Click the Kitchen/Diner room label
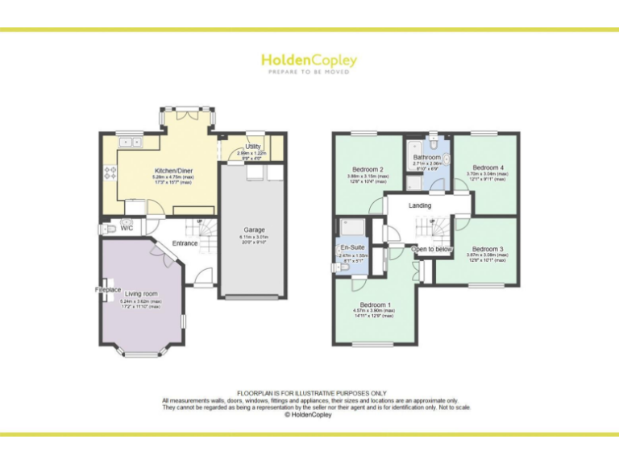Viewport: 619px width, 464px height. tap(173, 171)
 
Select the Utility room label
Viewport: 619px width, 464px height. tap(253, 147)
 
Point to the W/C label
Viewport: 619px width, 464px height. tap(127, 228)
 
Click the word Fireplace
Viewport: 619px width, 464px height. tap(108, 289)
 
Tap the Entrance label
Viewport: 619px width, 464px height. tap(185, 243)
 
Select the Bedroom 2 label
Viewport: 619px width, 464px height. tap(367, 169)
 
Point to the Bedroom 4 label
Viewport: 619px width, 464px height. tap(487, 167)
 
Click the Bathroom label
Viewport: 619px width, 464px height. tap(427, 157)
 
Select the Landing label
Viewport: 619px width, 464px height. tap(420, 205)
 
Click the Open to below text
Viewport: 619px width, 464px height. tap(432, 249)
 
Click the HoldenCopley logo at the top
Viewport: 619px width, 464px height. tap(309, 60)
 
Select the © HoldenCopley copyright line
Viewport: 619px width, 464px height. tap(309, 415)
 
